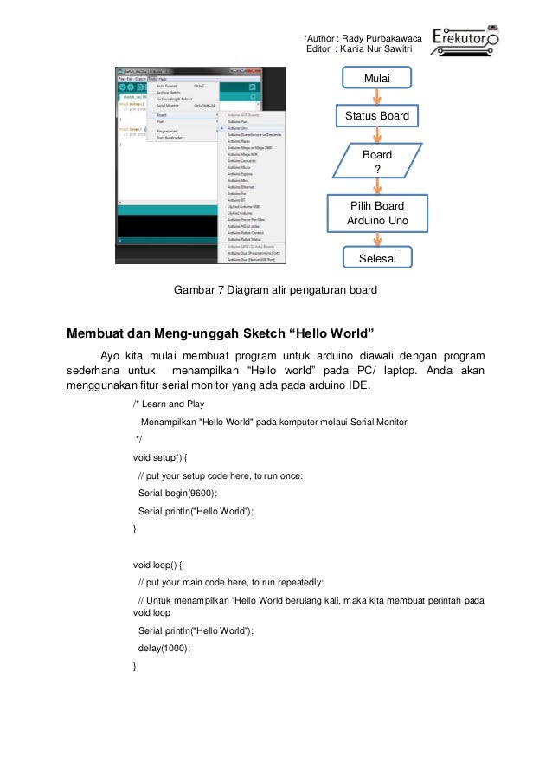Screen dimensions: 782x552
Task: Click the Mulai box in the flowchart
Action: point(376,79)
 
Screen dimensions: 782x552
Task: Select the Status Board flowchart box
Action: point(376,116)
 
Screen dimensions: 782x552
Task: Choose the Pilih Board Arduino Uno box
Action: point(376,214)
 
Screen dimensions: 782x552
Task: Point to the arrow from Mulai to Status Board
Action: point(376,97)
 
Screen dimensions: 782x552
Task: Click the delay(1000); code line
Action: point(164,648)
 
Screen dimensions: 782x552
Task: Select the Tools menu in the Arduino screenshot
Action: point(151,79)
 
